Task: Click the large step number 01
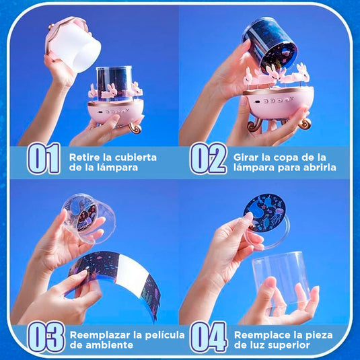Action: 44,158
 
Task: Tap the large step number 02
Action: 208,158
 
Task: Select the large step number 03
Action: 46,337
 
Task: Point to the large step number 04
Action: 209,337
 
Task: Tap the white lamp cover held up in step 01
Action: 73,45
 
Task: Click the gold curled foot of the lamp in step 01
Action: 135,128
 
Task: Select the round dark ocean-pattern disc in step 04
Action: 264,213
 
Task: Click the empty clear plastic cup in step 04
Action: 282,279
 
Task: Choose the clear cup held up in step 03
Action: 88,218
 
